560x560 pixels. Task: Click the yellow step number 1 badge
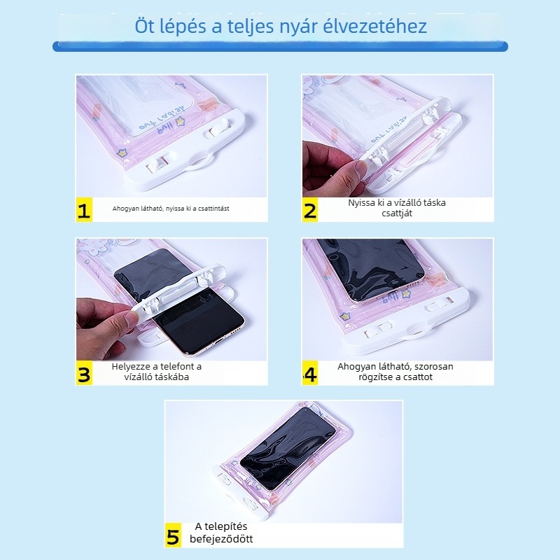click(x=84, y=211)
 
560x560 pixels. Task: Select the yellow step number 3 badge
click(x=84, y=374)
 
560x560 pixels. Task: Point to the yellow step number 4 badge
click(x=310, y=374)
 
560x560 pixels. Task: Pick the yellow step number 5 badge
click(x=174, y=536)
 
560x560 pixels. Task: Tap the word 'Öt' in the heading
click(x=146, y=27)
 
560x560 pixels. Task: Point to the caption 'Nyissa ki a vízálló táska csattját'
click(x=397, y=208)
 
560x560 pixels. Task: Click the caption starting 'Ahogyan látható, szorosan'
click(x=395, y=372)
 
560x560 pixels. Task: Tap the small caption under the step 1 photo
click(x=171, y=209)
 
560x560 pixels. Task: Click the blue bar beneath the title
click(x=280, y=46)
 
